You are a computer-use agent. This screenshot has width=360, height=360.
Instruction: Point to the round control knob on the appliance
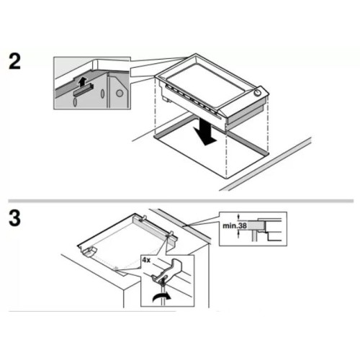257,93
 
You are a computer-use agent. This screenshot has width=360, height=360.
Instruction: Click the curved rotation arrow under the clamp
160,296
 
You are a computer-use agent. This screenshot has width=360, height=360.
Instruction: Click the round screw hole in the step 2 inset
120,93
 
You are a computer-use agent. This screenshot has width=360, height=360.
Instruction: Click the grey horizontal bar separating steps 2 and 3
180,199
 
